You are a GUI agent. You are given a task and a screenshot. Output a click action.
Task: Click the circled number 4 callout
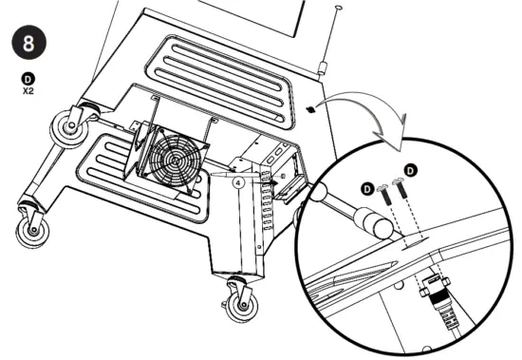point(240,177)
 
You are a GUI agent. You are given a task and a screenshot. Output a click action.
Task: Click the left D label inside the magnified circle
point(367,189)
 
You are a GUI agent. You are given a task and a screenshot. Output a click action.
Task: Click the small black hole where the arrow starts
point(310,109)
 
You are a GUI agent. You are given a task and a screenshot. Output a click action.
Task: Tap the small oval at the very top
point(339,8)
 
